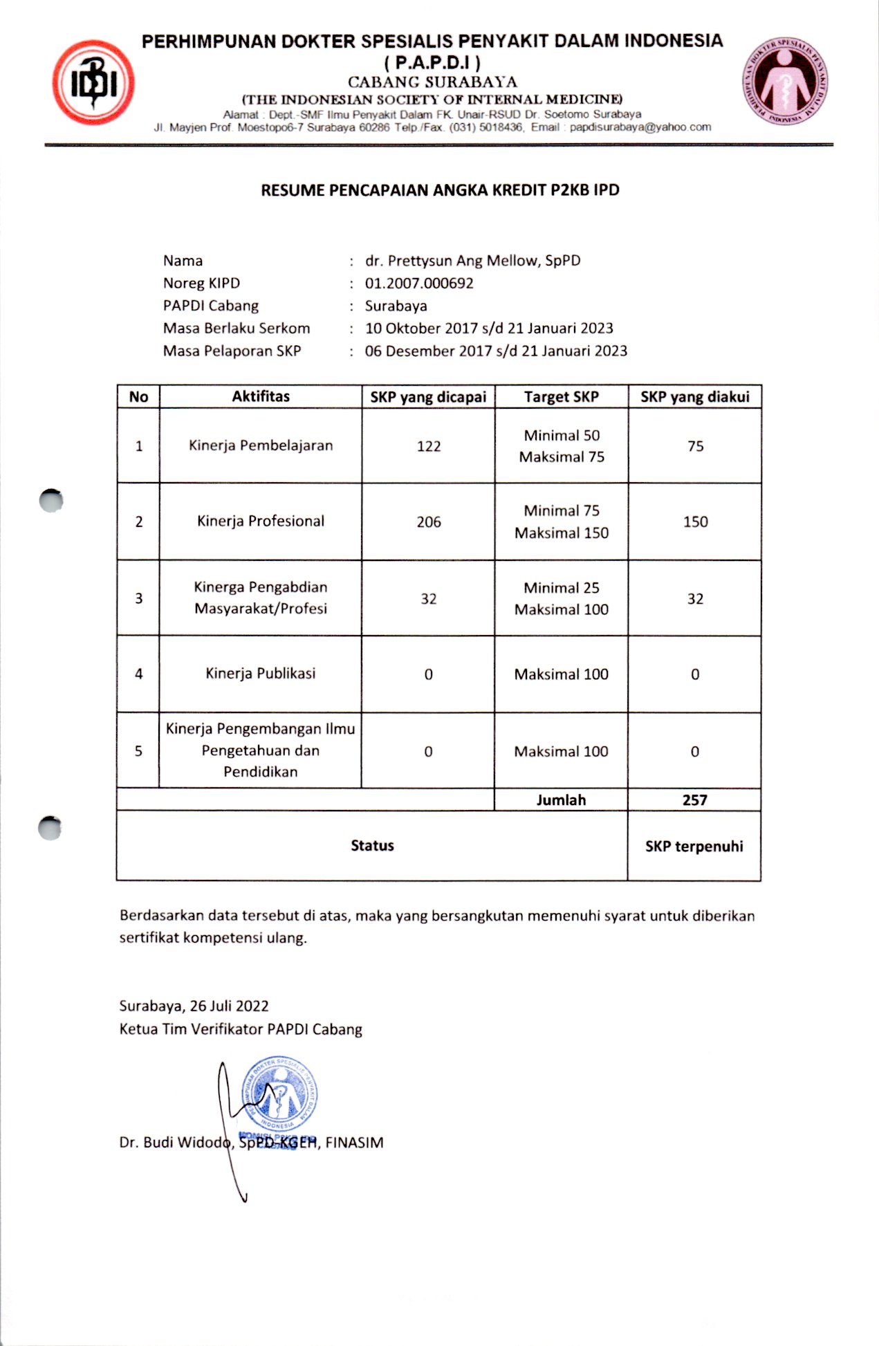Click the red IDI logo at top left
93,83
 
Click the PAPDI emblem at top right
785,82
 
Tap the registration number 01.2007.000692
419,284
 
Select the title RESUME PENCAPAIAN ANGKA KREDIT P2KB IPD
440,190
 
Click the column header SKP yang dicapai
428,397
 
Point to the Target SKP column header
561,397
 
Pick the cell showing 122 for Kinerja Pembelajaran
429,447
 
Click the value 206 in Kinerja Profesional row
429,522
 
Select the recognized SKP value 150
695,522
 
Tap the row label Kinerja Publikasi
261,674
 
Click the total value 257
694,800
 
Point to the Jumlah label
561,800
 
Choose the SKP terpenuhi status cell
694,847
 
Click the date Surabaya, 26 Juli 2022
194,1006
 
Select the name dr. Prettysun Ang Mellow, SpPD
473,261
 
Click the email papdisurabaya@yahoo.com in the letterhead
640,127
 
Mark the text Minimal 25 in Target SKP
561,588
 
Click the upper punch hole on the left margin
51,500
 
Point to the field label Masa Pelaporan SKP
232,351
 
